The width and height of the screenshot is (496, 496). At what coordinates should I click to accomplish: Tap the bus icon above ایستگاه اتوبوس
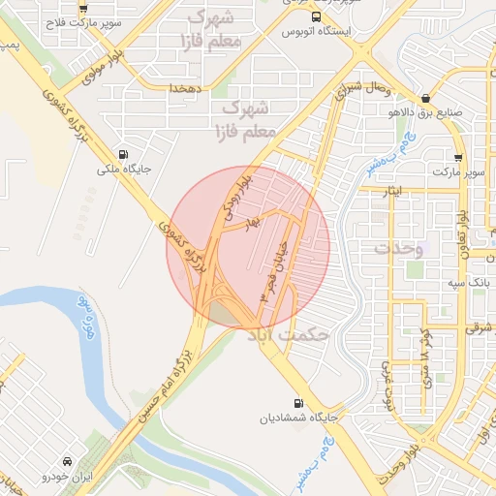[316, 16]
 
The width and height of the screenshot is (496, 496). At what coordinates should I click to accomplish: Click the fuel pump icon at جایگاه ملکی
[123, 154]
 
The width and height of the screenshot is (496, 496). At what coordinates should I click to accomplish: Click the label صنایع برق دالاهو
[426, 112]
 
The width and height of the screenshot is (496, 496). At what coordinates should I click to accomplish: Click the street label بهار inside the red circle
[253, 223]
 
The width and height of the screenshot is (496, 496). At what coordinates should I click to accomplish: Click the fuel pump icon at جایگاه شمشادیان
[296, 404]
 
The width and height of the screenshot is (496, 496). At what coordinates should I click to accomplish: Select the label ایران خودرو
[67, 479]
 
